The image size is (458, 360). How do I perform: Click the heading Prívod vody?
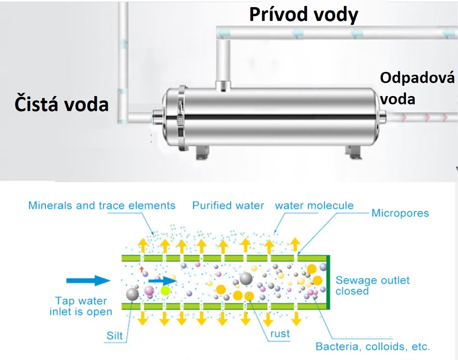click(304, 15)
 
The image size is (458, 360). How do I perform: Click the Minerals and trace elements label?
click(102, 206)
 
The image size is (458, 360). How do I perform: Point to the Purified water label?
click(228, 206)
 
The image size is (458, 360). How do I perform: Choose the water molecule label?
click(314, 206)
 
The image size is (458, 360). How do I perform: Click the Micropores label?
click(400, 213)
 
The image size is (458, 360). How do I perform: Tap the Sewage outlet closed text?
click(372, 286)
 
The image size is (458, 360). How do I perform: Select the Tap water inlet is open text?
click(81, 306)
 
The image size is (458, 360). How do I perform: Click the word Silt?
click(115, 336)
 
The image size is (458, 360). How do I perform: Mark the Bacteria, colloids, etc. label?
click(372, 347)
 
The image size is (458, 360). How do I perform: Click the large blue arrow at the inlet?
click(88, 281)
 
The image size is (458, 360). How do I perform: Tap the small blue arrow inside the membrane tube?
click(162, 280)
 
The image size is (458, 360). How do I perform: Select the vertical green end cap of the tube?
click(328, 283)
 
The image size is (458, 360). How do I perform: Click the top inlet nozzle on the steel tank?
click(224, 85)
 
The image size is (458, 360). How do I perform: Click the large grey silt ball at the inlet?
click(132, 294)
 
